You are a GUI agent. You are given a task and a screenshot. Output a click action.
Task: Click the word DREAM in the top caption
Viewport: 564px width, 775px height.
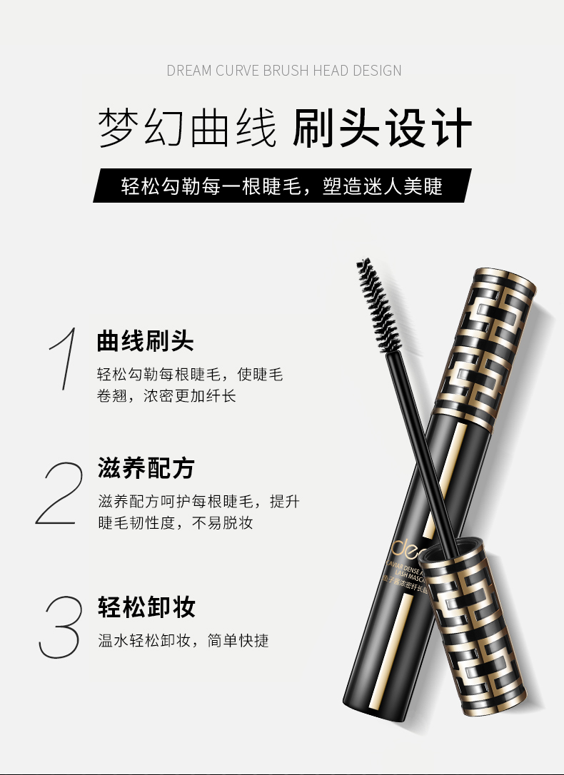[190, 71]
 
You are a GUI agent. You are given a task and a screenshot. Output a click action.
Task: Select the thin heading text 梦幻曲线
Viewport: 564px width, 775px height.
[187, 128]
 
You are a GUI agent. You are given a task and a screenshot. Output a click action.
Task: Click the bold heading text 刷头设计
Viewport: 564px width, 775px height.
[383, 128]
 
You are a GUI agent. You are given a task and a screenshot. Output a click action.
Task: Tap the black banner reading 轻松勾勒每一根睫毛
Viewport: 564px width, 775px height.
[282, 186]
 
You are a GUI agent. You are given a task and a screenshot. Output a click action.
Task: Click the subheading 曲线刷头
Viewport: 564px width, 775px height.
[146, 341]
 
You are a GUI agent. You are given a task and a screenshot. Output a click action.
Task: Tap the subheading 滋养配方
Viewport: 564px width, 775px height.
[146, 469]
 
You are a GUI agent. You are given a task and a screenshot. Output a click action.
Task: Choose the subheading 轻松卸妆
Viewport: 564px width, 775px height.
[146, 607]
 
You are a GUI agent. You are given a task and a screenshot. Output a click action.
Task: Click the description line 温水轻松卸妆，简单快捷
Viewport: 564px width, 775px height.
[183, 641]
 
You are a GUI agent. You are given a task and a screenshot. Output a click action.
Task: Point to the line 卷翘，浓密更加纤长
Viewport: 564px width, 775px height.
[166, 395]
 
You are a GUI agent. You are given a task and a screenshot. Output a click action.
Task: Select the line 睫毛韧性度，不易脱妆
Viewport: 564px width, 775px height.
[175, 523]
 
